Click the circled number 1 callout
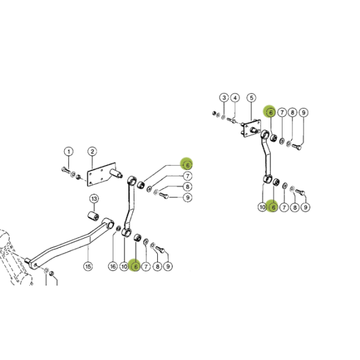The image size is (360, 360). coord(68,152)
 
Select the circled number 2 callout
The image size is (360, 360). coord(92,152)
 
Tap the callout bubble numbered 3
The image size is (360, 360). coord(224,98)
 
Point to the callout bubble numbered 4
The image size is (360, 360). coord(235,98)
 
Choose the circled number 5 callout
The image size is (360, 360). coord(251,98)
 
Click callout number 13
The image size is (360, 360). coord(94,199)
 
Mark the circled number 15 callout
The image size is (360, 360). coord(88,266)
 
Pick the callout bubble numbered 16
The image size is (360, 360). coord(113,266)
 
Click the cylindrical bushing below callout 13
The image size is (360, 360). coord(94,217)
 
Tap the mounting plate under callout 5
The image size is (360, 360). coord(252,128)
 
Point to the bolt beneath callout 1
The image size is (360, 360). coord(66,170)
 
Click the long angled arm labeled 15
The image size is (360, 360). coord(69,244)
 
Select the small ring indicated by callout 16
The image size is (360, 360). coord(118,229)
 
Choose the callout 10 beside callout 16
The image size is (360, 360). coord(124,266)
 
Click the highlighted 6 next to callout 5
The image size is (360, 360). coord(271,113)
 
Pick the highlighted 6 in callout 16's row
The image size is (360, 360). coord(136,266)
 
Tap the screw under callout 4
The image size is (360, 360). coord(232,120)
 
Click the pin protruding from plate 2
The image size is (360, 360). coord(116,173)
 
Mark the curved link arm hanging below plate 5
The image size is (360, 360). coord(267,156)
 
